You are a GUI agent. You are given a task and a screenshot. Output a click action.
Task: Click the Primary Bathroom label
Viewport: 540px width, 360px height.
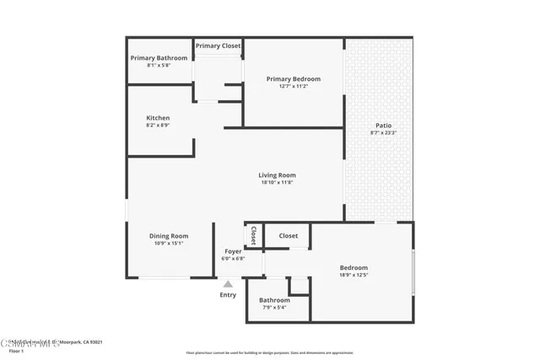[159, 57]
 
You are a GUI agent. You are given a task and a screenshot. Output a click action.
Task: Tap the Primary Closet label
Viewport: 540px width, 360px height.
[218, 46]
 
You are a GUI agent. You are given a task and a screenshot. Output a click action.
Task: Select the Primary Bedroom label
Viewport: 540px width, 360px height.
[293, 78]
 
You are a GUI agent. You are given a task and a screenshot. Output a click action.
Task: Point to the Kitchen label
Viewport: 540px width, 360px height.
[158, 118]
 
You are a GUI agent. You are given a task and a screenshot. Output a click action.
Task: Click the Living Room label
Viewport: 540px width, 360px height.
[277, 175]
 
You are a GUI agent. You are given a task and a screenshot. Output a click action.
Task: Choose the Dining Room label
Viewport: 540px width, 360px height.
[169, 236]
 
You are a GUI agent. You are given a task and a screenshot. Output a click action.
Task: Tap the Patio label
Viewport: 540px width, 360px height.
[383, 125]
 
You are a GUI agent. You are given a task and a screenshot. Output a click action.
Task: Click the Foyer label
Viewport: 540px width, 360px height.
[232, 251]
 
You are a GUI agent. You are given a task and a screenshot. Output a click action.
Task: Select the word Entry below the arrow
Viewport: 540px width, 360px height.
[228, 294]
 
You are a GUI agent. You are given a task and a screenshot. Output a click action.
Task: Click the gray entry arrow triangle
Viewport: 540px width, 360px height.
[228, 284]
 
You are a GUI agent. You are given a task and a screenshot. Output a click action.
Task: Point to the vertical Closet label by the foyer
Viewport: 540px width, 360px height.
[253, 235]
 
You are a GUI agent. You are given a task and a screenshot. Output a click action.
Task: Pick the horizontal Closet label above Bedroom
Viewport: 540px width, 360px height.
[287, 236]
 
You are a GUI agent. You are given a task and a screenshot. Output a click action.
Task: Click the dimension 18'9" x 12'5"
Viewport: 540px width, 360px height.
[354, 274]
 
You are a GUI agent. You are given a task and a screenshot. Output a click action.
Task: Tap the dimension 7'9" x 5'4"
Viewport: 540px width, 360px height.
[274, 308]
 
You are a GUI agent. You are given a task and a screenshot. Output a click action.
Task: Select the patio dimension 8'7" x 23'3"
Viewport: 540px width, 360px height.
[383, 132]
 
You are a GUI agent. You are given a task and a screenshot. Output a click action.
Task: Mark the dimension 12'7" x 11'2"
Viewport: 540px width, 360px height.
[293, 86]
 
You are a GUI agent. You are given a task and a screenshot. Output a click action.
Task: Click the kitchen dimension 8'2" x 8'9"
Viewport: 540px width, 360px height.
[158, 126]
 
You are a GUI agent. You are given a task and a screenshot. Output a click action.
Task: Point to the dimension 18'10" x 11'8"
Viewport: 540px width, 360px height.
[277, 183]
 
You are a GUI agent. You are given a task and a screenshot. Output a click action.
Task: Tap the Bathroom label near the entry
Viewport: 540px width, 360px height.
[274, 300]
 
